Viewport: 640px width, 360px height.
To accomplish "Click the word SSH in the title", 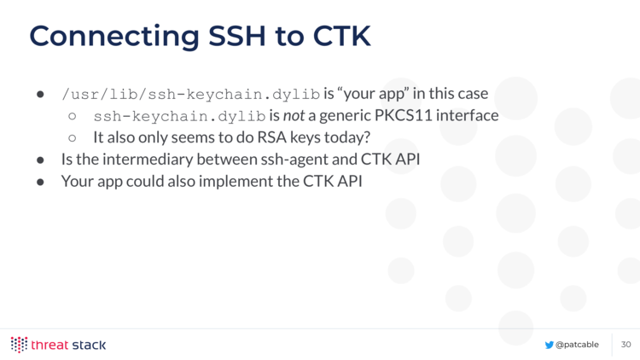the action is click(x=237, y=36).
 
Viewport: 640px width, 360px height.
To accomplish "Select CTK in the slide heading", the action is click(x=341, y=36).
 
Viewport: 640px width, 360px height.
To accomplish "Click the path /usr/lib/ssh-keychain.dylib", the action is click(x=190, y=95).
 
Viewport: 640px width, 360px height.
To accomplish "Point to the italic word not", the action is click(x=294, y=116).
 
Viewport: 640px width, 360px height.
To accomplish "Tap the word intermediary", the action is click(x=148, y=160).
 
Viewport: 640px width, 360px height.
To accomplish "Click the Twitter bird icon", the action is click(x=549, y=345).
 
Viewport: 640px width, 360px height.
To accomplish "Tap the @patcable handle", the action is click(x=577, y=345).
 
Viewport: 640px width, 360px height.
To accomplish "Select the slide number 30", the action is click(x=626, y=345).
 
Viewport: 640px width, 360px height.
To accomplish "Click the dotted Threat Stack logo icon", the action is click(x=19, y=345).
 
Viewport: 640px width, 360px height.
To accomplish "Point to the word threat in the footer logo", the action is click(x=49, y=345).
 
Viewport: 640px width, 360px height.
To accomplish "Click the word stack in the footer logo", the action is click(x=89, y=345).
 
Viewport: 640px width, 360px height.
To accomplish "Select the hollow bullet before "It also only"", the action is click(x=73, y=138).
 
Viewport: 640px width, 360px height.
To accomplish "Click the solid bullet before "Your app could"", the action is click(x=40, y=182).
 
